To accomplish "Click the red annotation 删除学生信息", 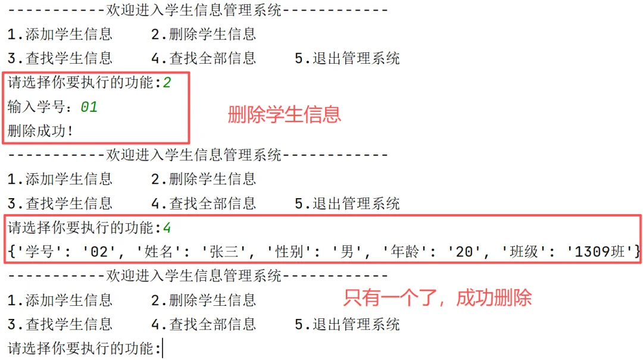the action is click(285, 114).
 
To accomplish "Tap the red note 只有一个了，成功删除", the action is click(437, 298).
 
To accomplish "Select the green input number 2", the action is click(167, 83).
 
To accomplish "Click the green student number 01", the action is click(89, 107).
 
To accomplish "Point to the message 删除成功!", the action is click(40, 131).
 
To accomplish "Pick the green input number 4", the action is click(167, 227).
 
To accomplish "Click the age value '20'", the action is click(463, 252).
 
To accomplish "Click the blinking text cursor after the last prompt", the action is click(163, 348).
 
